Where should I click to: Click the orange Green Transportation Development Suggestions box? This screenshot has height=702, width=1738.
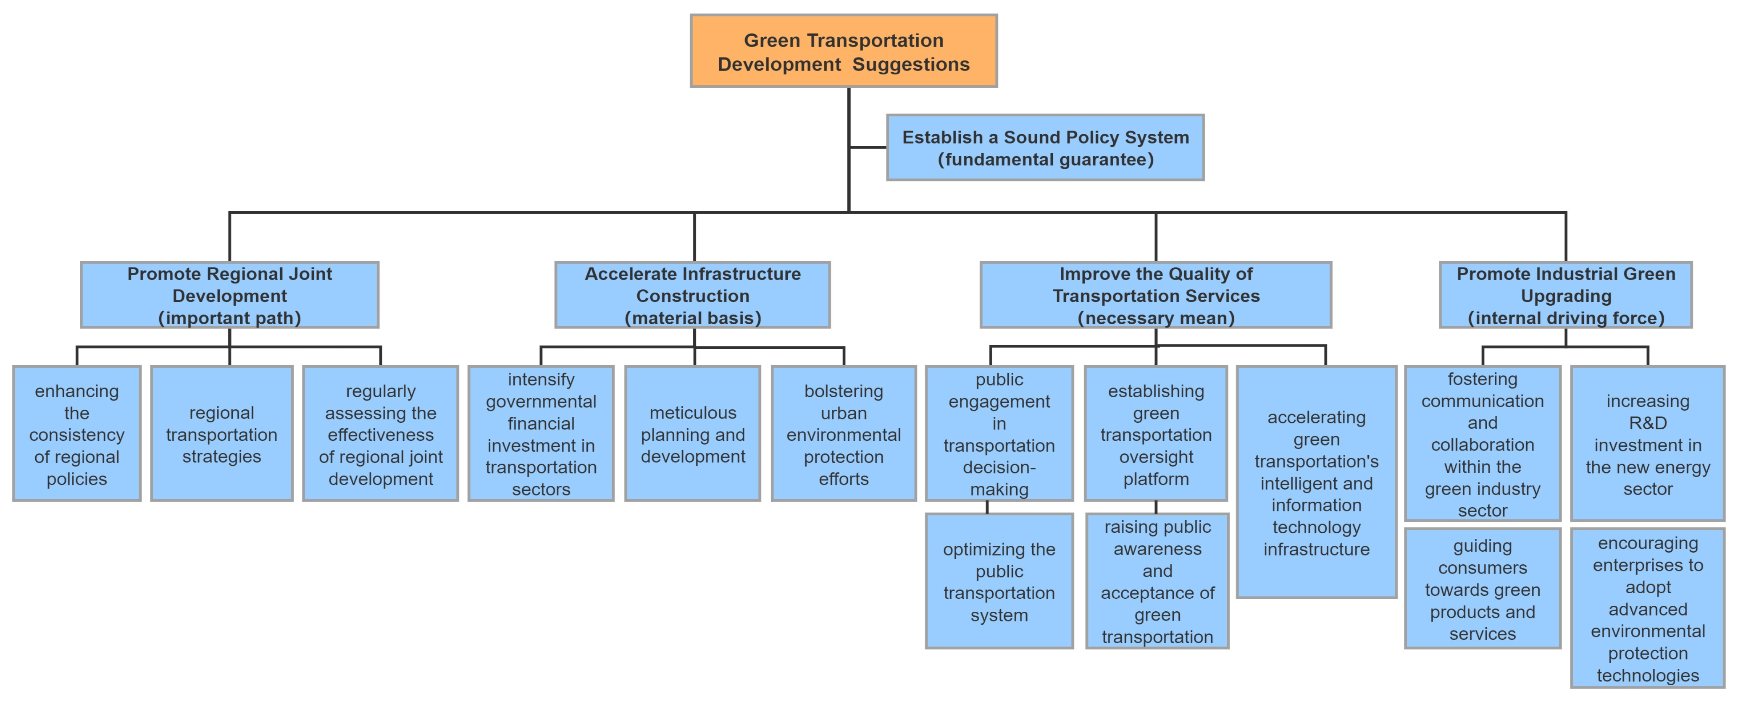[843, 51]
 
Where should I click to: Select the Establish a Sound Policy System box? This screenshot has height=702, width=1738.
[1045, 148]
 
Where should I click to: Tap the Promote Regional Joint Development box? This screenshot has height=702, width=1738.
[229, 295]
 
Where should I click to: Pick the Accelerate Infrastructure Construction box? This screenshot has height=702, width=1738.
[692, 295]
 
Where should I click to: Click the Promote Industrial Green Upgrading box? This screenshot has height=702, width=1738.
[1565, 295]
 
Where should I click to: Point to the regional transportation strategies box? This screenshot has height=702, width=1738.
[221, 434]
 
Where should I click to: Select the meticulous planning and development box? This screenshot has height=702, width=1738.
[692, 434]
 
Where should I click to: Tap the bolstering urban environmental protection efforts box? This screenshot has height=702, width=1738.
[843, 434]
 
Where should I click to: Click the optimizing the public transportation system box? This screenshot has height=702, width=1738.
[999, 581]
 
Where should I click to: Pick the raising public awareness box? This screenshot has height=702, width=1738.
[1157, 581]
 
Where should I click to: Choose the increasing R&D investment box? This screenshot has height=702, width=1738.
[1648, 444]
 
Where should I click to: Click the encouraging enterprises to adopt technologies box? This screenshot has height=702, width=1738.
[1648, 608]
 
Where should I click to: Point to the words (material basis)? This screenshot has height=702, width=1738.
[692, 318]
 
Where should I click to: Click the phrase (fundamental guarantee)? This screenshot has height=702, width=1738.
[1045, 160]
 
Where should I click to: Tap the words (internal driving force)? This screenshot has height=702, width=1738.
[1565, 318]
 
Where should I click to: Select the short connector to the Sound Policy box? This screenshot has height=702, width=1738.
[868, 147]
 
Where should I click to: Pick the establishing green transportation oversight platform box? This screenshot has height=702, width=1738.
[1156, 434]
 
